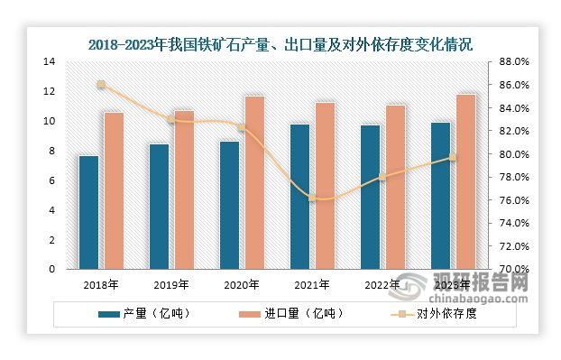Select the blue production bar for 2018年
[x=88, y=212]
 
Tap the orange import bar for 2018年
[x=114, y=190]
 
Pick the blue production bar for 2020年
[x=229, y=205]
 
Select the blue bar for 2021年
[x=299, y=196]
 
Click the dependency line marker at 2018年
[x=101, y=85]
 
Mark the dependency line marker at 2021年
[x=312, y=197]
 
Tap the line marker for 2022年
[x=382, y=178]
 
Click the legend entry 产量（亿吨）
[x=144, y=315]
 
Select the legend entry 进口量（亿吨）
[x=290, y=315]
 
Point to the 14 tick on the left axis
[x=49, y=61]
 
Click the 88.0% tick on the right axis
[x=512, y=61]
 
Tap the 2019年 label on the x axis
[x=171, y=284]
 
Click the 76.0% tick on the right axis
[x=512, y=200]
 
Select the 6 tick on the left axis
[x=51, y=180]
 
